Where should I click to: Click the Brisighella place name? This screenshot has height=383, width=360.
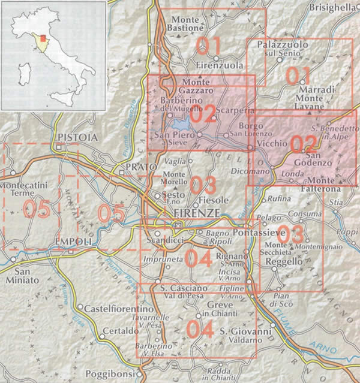point(334,7)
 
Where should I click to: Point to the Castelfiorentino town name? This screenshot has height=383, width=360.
point(115,308)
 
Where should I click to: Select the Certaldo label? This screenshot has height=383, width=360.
point(121,331)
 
